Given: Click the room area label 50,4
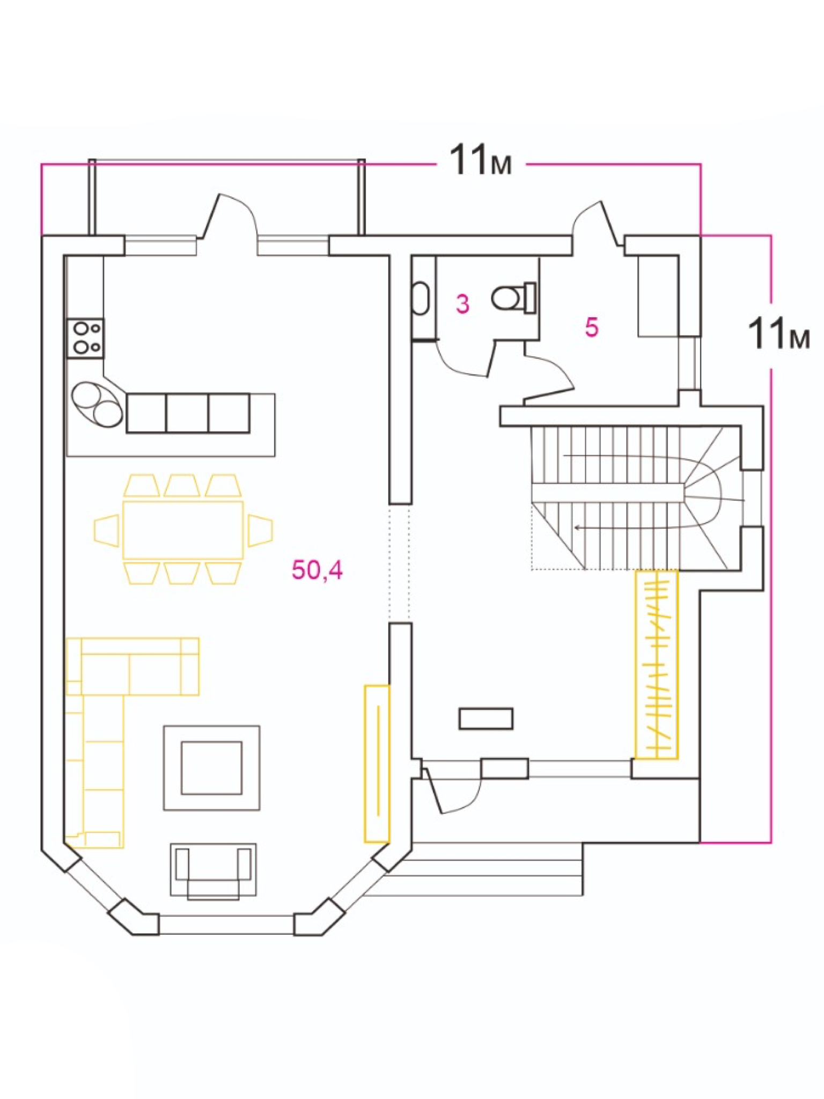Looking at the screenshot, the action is click(x=317, y=569).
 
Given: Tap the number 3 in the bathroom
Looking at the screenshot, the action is click(x=462, y=304).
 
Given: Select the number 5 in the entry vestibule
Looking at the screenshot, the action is click(x=592, y=327).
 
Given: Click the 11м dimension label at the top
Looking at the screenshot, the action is click(x=481, y=160).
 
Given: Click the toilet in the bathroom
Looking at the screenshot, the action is click(x=513, y=297).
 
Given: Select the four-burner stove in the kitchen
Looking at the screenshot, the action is click(x=85, y=338).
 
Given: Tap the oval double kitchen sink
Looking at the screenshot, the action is click(x=97, y=404).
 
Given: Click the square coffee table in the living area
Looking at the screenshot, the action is click(x=212, y=768).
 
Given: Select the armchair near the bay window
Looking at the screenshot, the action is click(x=213, y=871).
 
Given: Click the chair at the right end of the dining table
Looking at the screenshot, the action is click(x=260, y=530).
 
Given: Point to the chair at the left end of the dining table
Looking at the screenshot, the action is click(x=106, y=530).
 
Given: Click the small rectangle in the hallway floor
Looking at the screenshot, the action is click(x=486, y=719).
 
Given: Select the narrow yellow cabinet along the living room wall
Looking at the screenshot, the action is click(x=377, y=764).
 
